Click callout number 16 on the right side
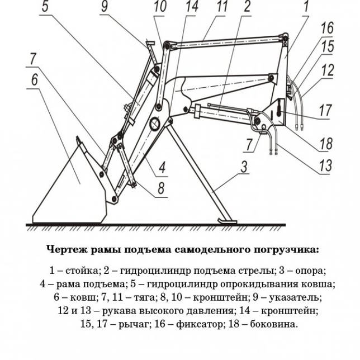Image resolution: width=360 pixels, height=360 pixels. click(x=327, y=27)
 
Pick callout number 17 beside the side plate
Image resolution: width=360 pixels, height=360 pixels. click(x=325, y=111)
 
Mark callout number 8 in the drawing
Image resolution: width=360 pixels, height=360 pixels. click(x=160, y=188)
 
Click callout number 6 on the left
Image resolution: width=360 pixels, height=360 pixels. click(x=35, y=79)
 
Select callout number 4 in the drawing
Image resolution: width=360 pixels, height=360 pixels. click(x=161, y=166)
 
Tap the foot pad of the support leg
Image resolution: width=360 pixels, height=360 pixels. click(x=226, y=222)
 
